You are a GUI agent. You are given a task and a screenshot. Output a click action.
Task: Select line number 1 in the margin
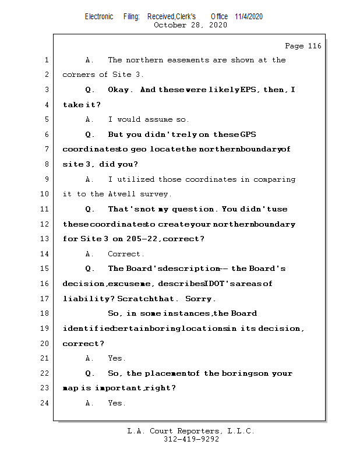[46, 60]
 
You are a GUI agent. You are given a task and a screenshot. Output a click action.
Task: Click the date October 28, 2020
[190, 25]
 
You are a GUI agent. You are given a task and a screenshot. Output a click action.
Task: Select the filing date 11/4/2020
[249, 16]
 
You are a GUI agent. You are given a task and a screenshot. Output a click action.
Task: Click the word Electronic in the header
[99, 16]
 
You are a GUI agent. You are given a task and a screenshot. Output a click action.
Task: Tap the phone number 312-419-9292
[191, 440]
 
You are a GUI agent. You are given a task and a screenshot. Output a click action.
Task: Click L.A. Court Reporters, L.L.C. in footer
[191, 431]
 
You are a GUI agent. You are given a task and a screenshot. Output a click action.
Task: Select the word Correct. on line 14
[126, 254]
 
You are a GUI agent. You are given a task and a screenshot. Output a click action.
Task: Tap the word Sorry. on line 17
[200, 299]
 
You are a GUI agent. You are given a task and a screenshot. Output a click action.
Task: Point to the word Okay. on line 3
[121, 90]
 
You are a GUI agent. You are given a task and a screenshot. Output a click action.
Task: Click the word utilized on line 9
[137, 179]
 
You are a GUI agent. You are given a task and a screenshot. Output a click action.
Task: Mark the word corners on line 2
[79, 75]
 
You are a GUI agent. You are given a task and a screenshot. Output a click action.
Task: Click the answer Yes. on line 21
[117, 358]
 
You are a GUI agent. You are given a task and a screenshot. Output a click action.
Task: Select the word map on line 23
[69, 388]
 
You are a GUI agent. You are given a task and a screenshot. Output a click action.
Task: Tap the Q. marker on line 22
[90, 373]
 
